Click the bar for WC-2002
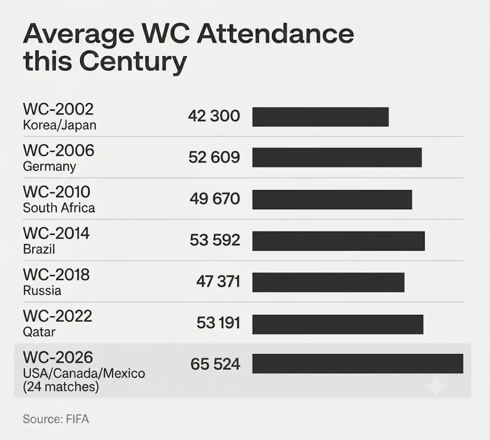321,117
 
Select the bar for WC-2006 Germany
337,158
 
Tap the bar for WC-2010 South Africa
332,199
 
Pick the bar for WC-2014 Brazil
338,241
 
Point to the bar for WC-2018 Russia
328,282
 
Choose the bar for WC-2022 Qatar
338,324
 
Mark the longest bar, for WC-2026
358,363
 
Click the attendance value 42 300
214,116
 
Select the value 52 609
214,157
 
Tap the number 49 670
215,199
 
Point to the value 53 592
215,240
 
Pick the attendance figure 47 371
218,282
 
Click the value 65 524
215,364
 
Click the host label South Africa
59,208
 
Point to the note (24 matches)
61,387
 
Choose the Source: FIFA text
56,419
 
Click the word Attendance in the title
275,34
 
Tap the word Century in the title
133,62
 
